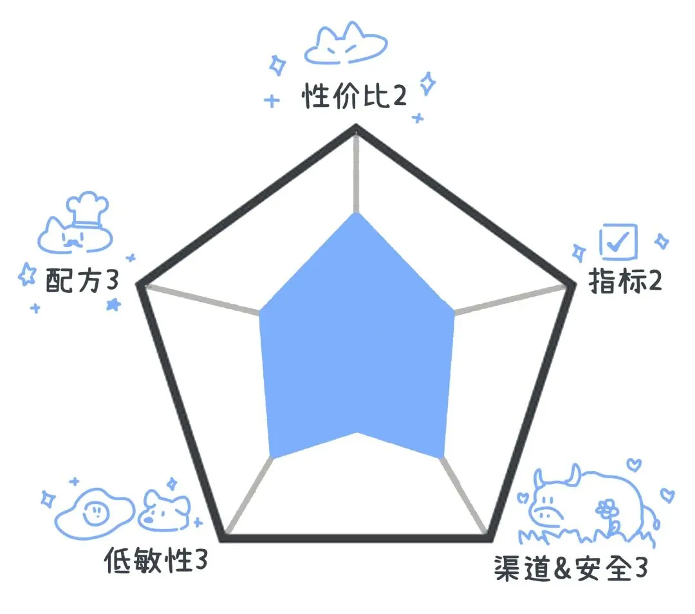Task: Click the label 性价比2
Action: pyautogui.click(x=354, y=96)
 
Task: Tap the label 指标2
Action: pyautogui.click(x=625, y=281)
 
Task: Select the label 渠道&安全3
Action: pyautogui.click(x=571, y=568)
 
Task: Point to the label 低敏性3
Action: pyautogui.click(x=156, y=561)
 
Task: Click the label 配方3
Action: pyautogui.click(x=82, y=280)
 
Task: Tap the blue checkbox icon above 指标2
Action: pyautogui.click(x=618, y=241)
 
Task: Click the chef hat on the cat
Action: pyautogui.click(x=88, y=209)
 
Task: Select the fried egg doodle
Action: pyautogui.click(x=95, y=514)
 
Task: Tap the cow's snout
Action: pyautogui.click(x=545, y=514)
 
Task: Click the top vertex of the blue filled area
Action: pyautogui.click(x=357, y=213)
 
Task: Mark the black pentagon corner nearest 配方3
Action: pyautogui.click(x=138, y=284)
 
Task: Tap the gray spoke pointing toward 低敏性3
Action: pyautogui.click(x=249, y=494)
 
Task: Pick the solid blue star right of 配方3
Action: pyautogui.click(x=113, y=304)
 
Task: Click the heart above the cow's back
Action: pyautogui.click(x=635, y=464)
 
